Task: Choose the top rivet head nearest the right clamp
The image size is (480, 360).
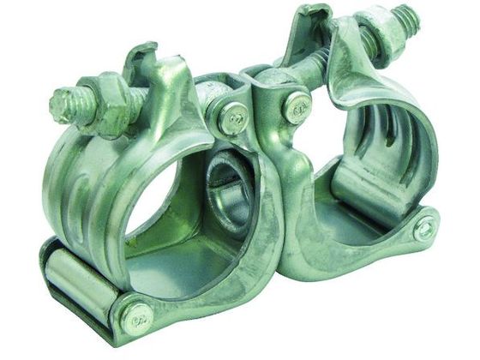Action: pyautogui.click(x=297, y=106)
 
